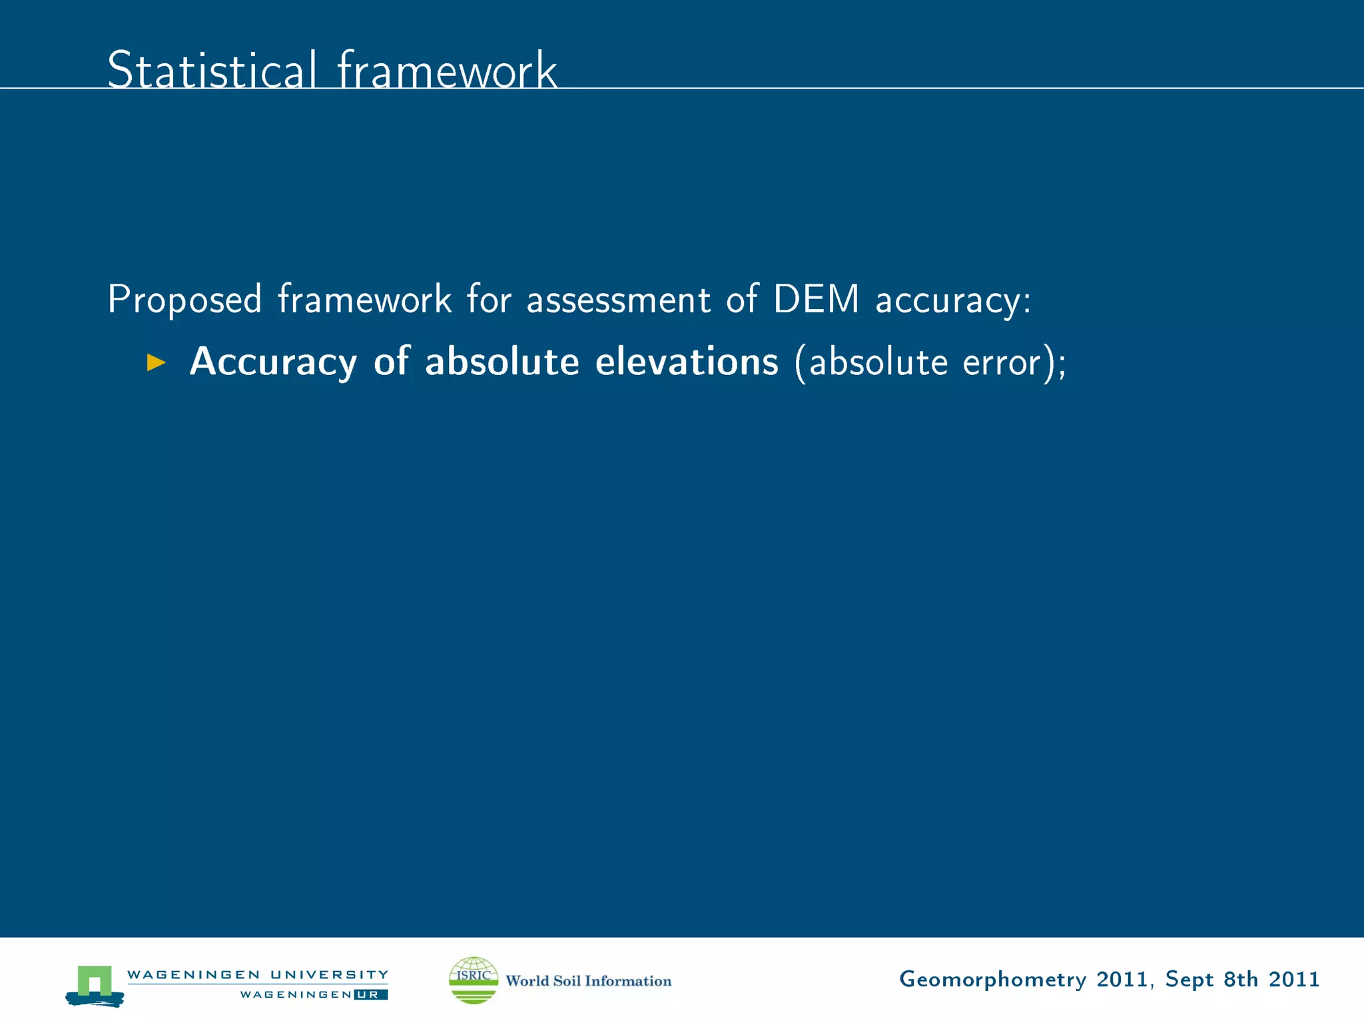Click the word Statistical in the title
[212, 70]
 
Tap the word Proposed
[184, 299]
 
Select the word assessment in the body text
[618, 299]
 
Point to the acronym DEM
[816, 299]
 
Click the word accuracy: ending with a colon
[952, 300]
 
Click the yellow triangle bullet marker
[156, 363]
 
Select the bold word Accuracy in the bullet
[273, 362]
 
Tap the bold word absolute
[502, 362]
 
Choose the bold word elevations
[687, 362]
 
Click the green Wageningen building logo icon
[95, 984]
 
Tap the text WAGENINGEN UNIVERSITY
[257, 974]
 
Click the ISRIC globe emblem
[474, 980]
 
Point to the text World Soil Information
[588, 980]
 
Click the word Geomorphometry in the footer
[992, 980]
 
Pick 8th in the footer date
[1241, 979]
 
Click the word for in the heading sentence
[489, 299]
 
